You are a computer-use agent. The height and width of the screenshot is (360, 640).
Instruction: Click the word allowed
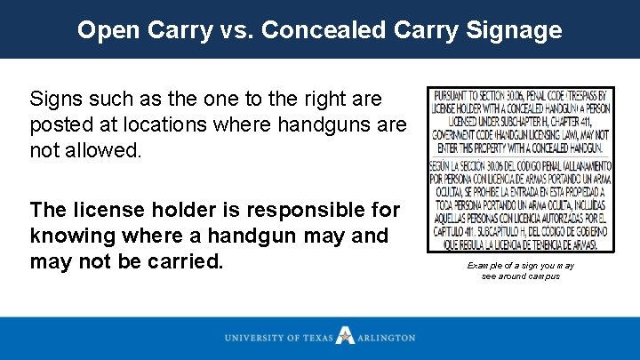tap(108, 152)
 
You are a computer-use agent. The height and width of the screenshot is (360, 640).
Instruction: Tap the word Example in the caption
tap(485, 265)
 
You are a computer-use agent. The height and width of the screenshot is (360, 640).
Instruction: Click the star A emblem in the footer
tap(345, 337)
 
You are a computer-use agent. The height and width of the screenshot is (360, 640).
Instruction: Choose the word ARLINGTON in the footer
tap(387, 338)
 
